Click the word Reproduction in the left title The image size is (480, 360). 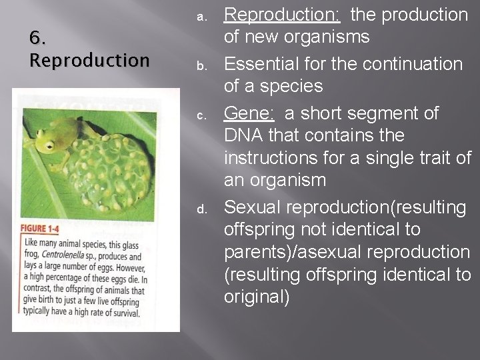[x=89, y=61]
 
